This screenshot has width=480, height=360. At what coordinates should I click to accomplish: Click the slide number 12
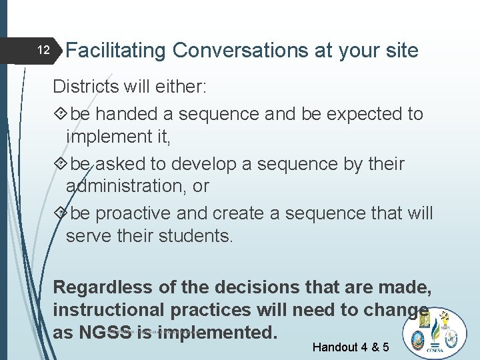coord(43,51)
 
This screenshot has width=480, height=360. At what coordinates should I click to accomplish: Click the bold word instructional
coord(109,310)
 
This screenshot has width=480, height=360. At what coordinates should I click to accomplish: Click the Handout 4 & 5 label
coord(351,347)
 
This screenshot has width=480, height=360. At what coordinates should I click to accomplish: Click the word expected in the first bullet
coord(363,114)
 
